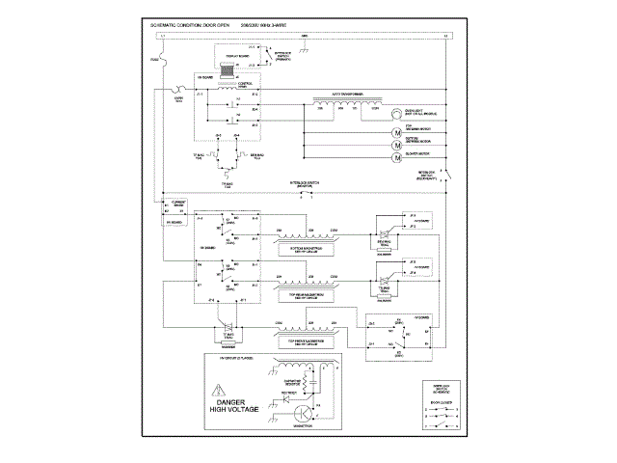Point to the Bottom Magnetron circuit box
tap(307, 248)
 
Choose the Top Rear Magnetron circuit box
tap(307, 288)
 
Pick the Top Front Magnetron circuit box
tap(307, 340)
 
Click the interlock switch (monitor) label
tap(304, 182)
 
